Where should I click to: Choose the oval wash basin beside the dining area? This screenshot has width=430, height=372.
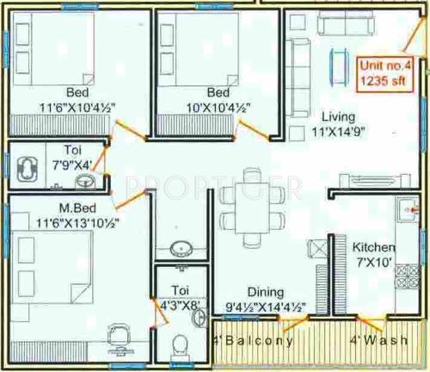click(x=181, y=249)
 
